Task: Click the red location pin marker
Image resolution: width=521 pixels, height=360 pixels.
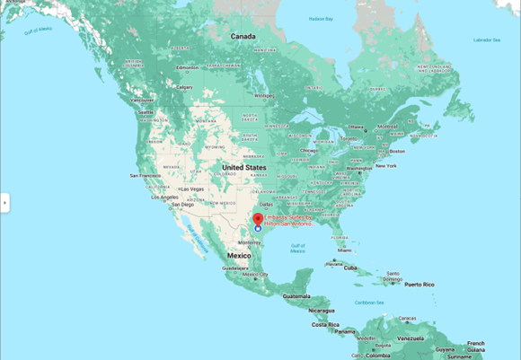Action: (257, 219)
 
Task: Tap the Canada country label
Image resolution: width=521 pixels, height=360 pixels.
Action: (243, 37)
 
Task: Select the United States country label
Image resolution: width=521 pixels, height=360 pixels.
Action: (244, 168)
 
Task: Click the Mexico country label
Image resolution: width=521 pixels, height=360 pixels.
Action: (239, 256)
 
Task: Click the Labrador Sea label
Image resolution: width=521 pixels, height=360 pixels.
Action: (485, 40)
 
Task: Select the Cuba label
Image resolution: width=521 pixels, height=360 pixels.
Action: (351, 268)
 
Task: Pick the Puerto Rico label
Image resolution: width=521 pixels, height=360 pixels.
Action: (419, 285)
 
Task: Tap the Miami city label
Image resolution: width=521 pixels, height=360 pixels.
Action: (345, 250)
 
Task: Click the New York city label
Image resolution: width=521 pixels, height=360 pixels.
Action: (385, 166)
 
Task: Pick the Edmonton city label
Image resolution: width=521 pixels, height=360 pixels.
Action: (188, 67)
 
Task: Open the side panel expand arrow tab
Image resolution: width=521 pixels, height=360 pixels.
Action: (4, 203)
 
